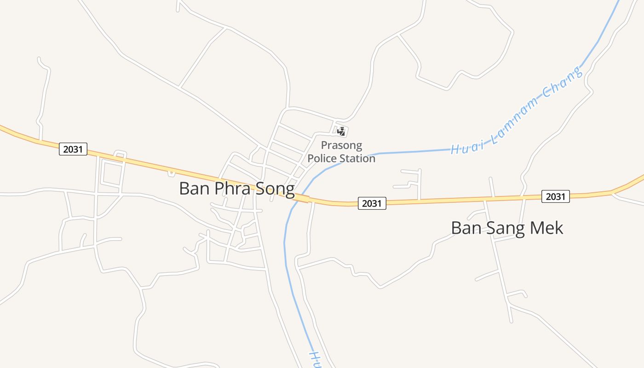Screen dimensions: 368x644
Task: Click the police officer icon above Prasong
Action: point(341,132)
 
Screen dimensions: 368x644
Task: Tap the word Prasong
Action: point(341,146)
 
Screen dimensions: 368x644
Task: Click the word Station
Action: point(358,159)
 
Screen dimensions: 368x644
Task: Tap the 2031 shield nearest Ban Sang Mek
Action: point(555,196)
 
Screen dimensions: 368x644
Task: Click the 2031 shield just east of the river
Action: point(372,203)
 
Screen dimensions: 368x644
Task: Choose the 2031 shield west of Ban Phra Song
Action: point(73,149)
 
